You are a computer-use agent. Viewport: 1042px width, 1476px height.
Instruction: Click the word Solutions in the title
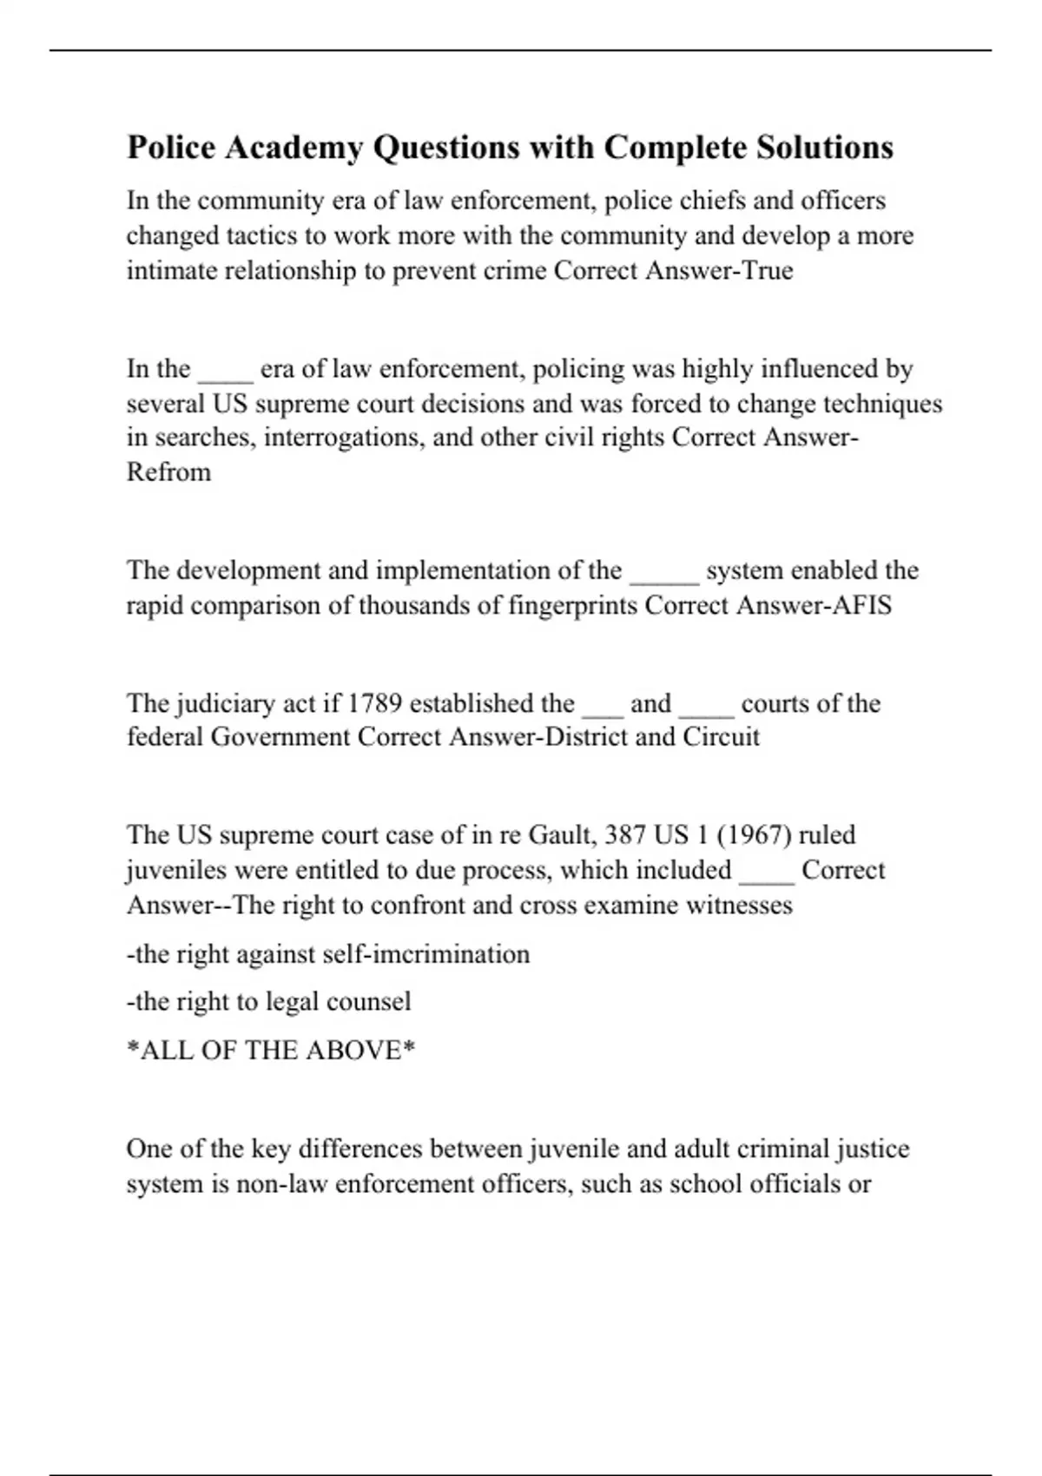pyautogui.click(x=825, y=148)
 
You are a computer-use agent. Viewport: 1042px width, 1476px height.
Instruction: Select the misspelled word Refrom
pyautogui.click(x=168, y=472)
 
